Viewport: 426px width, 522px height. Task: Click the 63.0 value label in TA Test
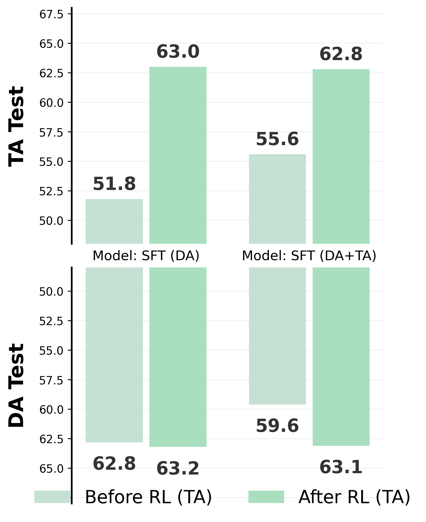pos(178,52)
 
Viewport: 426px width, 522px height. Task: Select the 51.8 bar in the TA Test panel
pos(114,221)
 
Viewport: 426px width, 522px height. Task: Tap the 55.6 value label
pos(277,139)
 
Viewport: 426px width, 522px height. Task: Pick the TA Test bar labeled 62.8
pos(341,156)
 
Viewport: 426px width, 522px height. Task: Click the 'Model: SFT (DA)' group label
pos(146,256)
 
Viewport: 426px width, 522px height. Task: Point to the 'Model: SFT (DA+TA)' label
pos(309,256)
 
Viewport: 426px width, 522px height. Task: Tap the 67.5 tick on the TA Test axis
pos(51,14)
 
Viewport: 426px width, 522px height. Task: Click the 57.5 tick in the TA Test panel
pos(51,133)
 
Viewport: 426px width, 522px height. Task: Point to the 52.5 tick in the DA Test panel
pos(51,321)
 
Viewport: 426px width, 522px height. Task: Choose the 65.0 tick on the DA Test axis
pos(51,469)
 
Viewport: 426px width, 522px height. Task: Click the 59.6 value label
pos(277,426)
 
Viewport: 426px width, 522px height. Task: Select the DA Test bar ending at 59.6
pos(277,335)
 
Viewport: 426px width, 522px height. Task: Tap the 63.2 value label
pos(178,469)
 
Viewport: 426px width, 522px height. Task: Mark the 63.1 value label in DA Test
pos(341,467)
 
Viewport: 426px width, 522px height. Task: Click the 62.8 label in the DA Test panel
pos(114,464)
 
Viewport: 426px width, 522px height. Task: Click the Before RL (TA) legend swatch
pos(52,497)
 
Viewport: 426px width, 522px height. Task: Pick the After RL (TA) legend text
pos(354,497)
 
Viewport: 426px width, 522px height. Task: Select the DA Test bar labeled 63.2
pos(178,357)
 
